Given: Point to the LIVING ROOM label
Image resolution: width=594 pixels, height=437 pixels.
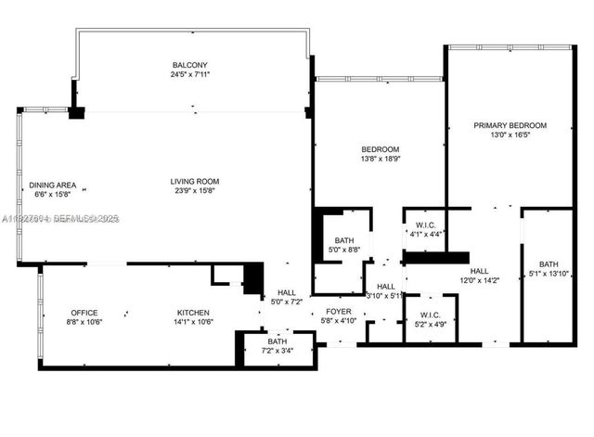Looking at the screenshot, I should [x=194, y=181].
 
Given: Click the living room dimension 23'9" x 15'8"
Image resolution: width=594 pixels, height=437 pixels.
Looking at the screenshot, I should [x=194, y=191].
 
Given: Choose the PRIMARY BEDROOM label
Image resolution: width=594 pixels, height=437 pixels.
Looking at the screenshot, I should [x=510, y=125].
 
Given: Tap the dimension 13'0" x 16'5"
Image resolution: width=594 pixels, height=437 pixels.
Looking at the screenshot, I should [x=510, y=135].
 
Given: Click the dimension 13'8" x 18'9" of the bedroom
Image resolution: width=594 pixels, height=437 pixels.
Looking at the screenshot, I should [x=380, y=160].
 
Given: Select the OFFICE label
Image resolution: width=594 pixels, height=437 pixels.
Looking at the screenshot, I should [x=84, y=313].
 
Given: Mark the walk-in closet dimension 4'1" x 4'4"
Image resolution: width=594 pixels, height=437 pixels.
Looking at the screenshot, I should [x=427, y=234].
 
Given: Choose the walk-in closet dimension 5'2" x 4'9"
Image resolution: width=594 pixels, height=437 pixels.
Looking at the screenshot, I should [x=430, y=324].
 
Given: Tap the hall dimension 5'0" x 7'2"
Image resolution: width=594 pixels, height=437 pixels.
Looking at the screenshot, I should [x=286, y=302].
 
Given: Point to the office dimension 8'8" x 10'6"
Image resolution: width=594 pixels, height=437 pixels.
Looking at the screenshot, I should [x=84, y=323].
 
